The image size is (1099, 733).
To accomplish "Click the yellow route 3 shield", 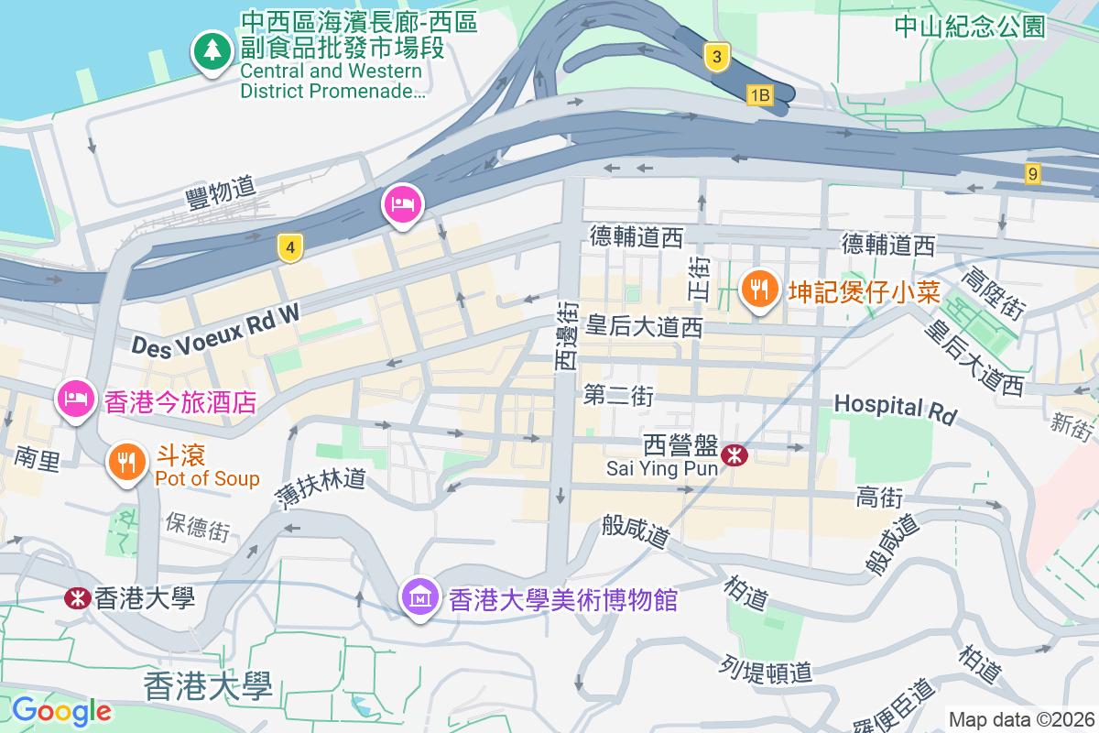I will coord(717,58).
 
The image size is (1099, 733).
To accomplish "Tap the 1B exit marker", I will coord(760,94).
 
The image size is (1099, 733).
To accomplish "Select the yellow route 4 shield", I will coord(290,247).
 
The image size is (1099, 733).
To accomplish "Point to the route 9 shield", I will coord(1033,173).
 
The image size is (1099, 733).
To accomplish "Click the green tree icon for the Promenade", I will coord(212,49).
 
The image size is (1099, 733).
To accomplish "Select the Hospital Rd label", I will coord(894,408).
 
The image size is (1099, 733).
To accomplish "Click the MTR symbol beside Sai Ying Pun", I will coord(734,454).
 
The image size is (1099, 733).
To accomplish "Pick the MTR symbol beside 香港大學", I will coord(77,598).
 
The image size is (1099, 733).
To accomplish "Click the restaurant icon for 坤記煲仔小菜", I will coord(759,290).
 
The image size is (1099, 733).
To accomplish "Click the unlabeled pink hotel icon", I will coord(402,203).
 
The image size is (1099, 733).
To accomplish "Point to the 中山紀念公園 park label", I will coord(970,26).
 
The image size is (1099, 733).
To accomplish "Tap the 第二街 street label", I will coord(618,396).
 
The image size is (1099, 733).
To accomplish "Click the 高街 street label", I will coord(879,498).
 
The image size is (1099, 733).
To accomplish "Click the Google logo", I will coord(61,710).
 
